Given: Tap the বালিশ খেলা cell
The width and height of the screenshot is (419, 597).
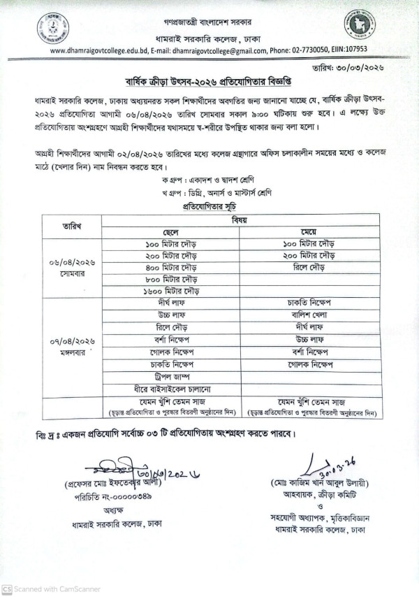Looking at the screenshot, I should pyautogui.click(x=307, y=315).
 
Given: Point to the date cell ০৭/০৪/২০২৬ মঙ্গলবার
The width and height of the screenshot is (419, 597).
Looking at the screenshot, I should pyautogui.click(x=72, y=345).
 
